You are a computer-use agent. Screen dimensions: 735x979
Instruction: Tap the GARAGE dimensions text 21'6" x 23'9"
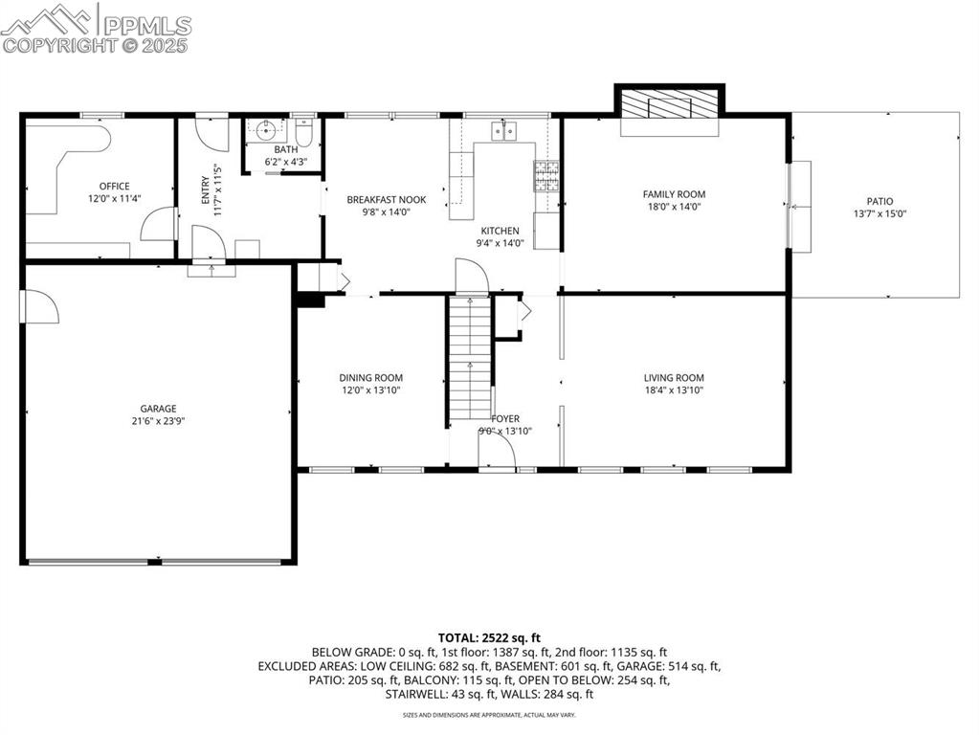pyautogui.click(x=158, y=421)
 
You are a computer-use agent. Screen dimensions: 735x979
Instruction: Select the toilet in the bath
pyautogui.click(x=303, y=130)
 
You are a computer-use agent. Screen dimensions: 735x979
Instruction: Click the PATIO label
pyautogui.click(x=879, y=201)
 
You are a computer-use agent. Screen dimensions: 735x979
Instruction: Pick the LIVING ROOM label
pyautogui.click(x=674, y=378)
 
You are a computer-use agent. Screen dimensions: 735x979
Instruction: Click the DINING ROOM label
pyautogui.click(x=370, y=378)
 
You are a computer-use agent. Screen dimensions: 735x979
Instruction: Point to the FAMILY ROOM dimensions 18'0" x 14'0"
pyautogui.click(x=674, y=207)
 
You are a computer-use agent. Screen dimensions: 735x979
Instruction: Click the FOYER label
pyautogui.click(x=505, y=419)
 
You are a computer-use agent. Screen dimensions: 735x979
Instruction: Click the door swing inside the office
pyautogui.click(x=156, y=225)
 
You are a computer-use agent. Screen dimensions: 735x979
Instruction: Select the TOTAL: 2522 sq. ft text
pyautogui.click(x=489, y=637)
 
